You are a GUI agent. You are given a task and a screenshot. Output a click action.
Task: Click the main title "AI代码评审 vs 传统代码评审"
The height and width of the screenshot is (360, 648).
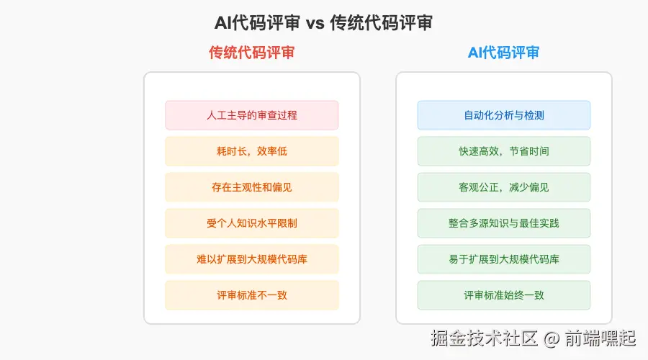pyautogui.click(x=323, y=23)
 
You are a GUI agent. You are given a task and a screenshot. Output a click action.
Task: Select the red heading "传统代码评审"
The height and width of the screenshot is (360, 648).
pyautogui.click(x=251, y=53)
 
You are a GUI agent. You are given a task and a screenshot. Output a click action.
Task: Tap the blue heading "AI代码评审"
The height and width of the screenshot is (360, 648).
pyautogui.click(x=503, y=53)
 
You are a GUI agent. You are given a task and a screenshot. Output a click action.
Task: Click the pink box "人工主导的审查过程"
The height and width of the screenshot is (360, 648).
pyautogui.click(x=252, y=115)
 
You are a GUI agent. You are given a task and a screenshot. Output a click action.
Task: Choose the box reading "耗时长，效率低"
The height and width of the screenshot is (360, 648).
pyautogui.click(x=252, y=151)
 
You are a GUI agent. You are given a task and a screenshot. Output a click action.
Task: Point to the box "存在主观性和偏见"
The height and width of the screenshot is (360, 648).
pyautogui.click(x=252, y=187)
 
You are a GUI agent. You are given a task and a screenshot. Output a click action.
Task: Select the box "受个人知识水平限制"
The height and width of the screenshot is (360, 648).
pyautogui.click(x=252, y=223)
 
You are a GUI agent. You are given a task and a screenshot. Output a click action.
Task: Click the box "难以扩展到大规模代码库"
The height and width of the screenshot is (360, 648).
pyautogui.click(x=252, y=259)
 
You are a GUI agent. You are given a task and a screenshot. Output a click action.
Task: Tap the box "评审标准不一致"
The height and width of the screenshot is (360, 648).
pyautogui.click(x=252, y=295)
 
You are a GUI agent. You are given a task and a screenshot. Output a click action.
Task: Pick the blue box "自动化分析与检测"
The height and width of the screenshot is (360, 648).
pyautogui.click(x=504, y=115)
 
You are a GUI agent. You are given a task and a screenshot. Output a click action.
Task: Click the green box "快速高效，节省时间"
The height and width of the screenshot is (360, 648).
pyautogui.click(x=504, y=151)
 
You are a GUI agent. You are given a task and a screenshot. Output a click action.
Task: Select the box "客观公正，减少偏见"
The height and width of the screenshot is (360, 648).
pyautogui.click(x=504, y=187)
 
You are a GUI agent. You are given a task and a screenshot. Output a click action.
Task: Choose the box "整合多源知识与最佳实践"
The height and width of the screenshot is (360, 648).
pyautogui.click(x=504, y=223)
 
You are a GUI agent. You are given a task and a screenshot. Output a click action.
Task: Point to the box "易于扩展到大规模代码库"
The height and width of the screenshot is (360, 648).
pyautogui.click(x=504, y=259)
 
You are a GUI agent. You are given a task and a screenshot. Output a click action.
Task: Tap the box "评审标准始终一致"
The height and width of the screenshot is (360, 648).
pyautogui.click(x=504, y=295)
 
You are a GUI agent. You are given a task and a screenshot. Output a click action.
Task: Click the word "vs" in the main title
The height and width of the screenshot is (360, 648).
pyautogui.click(x=315, y=24)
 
